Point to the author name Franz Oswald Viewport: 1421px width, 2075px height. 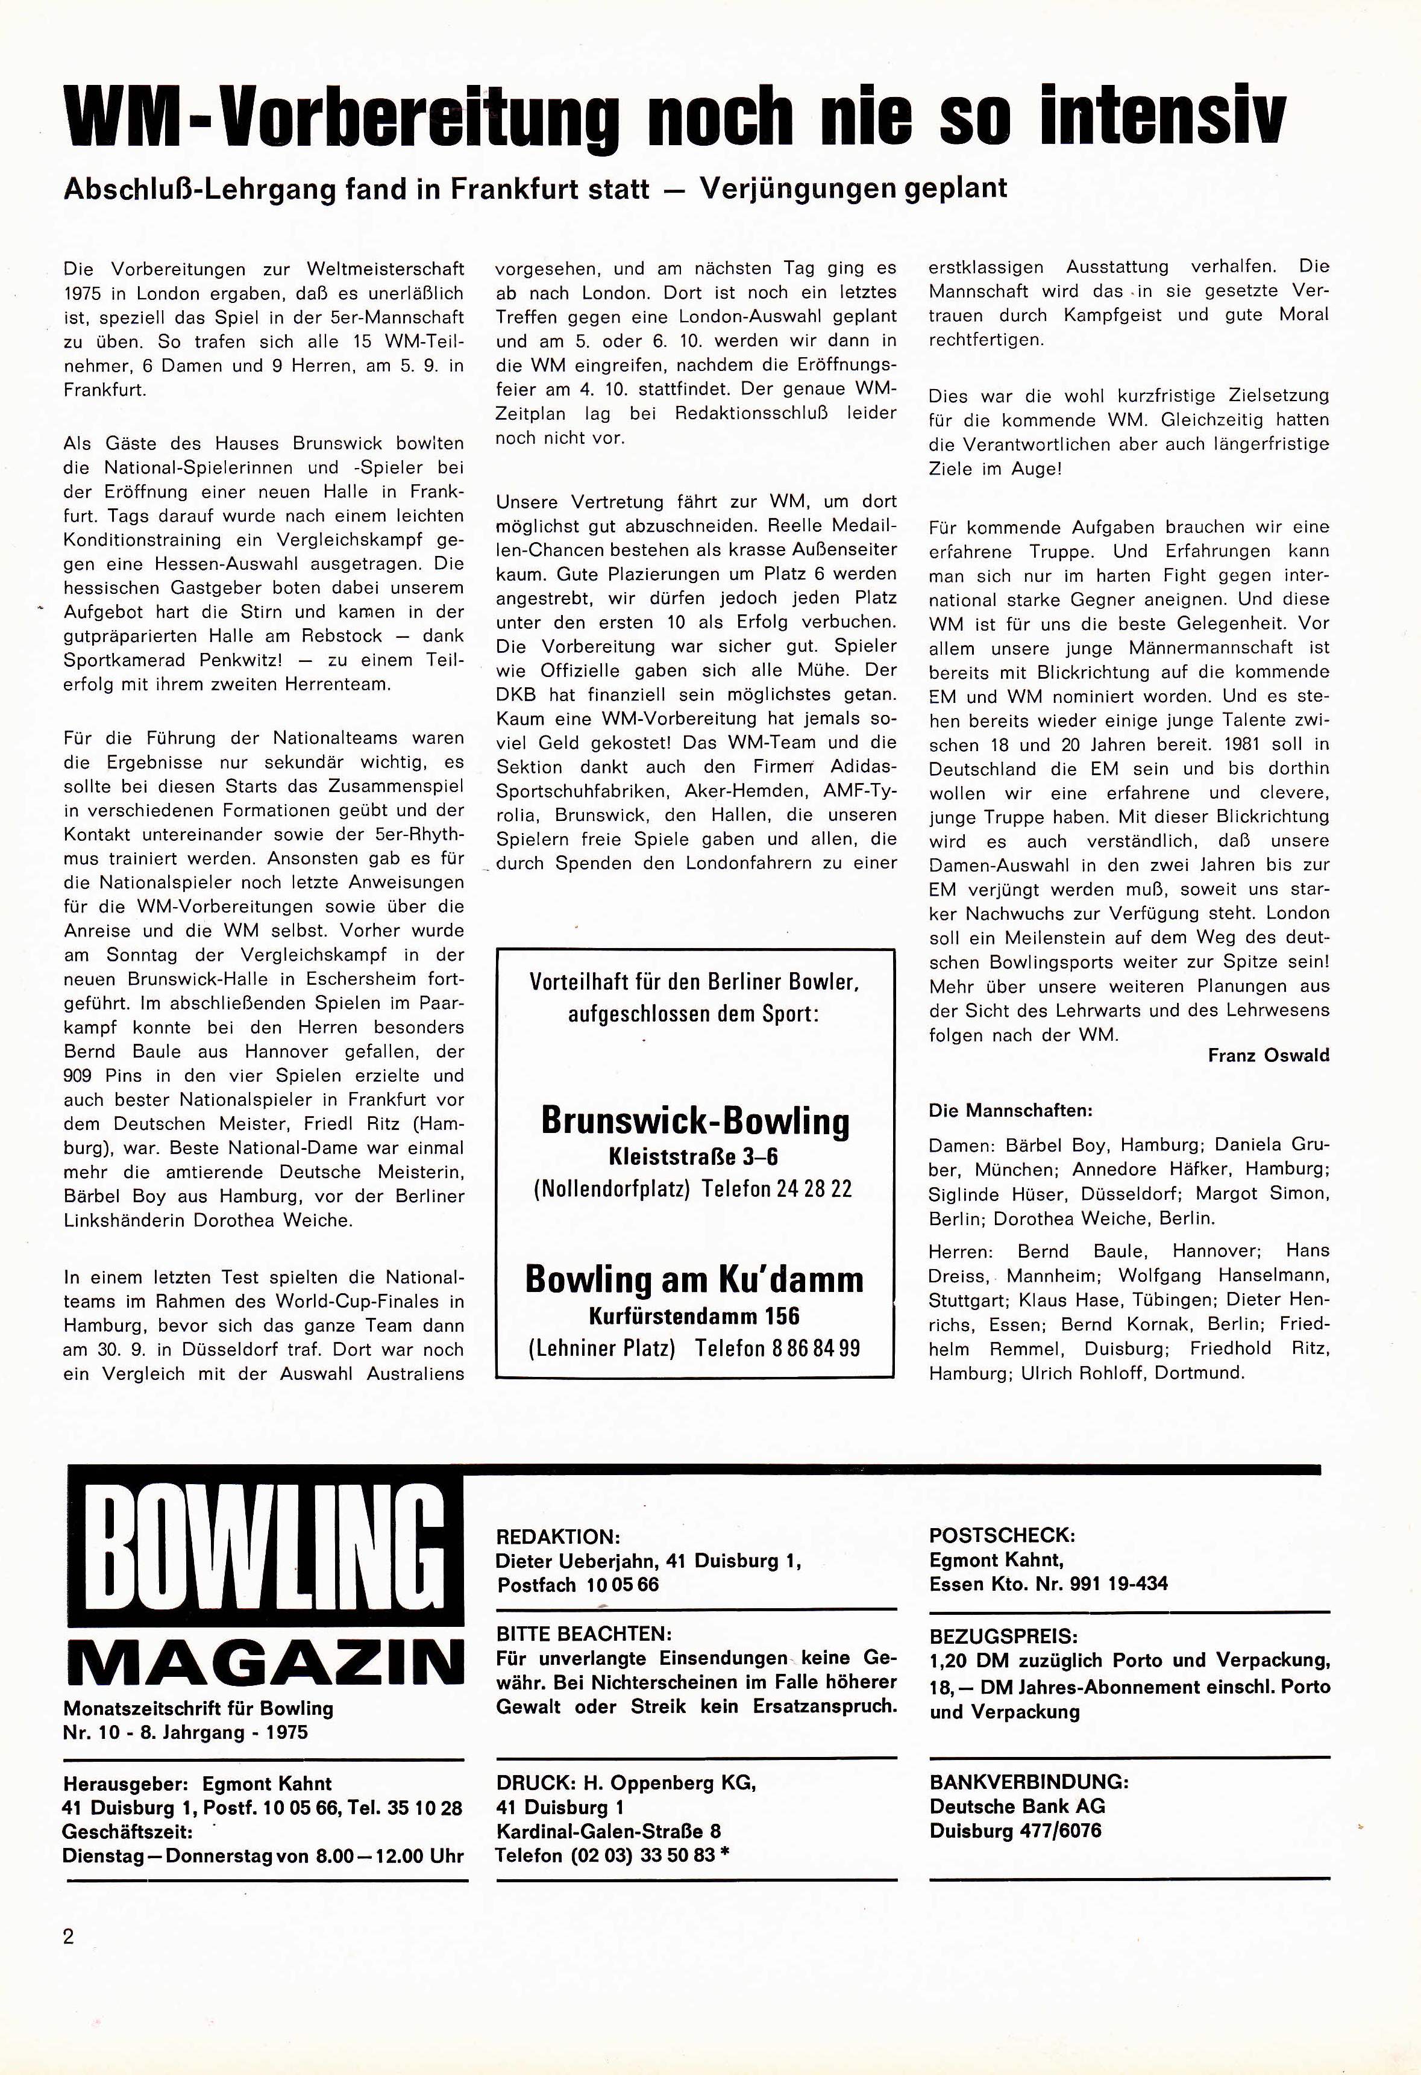[1269, 1055]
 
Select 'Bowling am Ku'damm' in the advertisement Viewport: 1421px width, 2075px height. [695, 1279]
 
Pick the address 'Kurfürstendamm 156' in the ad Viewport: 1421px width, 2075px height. [694, 1316]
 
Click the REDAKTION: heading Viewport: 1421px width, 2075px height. [557, 1537]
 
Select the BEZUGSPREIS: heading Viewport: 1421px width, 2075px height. [1003, 1637]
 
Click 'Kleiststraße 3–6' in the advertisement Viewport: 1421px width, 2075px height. [694, 1157]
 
